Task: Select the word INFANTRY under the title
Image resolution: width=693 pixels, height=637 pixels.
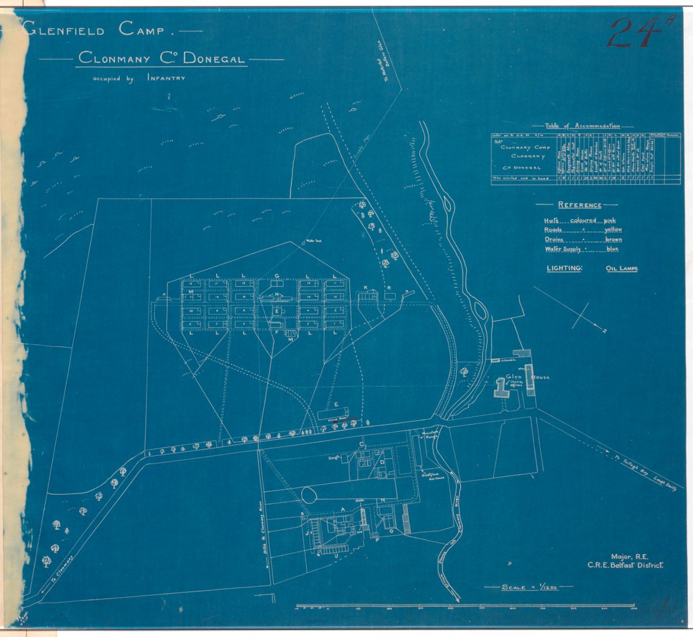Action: (166, 77)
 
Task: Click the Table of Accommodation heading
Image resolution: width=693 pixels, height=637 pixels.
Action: (583, 126)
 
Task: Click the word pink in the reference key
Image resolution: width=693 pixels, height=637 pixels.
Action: (610, 220)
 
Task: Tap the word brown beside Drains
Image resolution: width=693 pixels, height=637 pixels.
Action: (613, 239)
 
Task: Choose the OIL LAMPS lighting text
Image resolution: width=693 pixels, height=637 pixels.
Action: (621, 269)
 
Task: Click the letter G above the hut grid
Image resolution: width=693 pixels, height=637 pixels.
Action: (277, 276)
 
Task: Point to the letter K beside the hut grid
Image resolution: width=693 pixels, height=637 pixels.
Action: (365, 287)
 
